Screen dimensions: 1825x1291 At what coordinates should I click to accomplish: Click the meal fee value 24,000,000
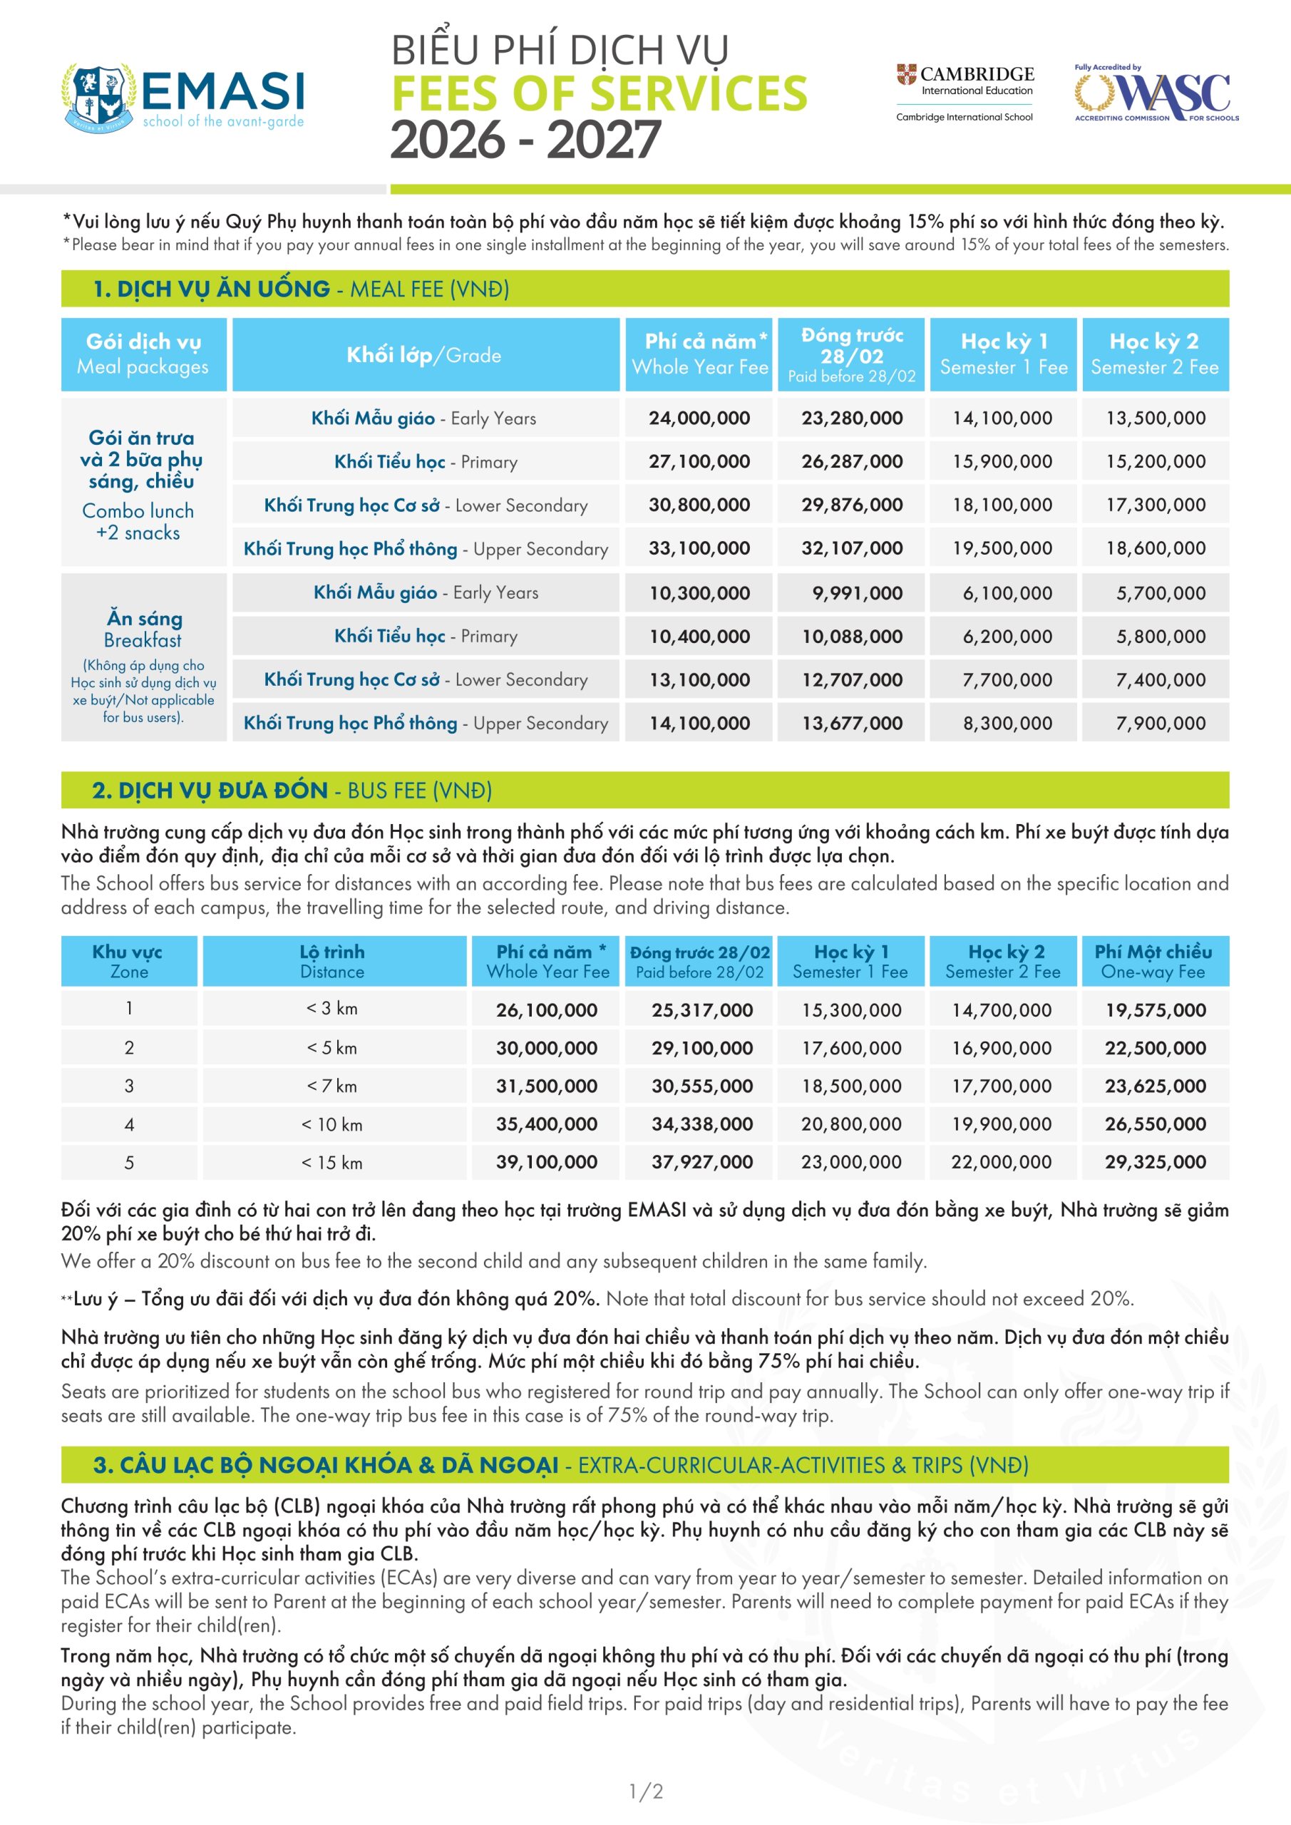699,418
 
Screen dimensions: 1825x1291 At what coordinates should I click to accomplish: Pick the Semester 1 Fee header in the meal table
1003,354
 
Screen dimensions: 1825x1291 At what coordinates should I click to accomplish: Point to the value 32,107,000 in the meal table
851,548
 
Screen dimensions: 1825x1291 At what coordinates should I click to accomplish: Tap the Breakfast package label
144,629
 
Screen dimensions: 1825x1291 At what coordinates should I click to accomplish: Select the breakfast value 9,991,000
857,593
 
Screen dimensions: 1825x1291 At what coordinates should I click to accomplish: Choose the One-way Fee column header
1154,962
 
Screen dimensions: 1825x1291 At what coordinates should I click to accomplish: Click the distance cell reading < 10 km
331,1125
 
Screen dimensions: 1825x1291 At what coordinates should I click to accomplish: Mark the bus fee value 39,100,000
546,1162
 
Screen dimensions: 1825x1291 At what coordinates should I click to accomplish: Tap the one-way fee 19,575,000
1155,1010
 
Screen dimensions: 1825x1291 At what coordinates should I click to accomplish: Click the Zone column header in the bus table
128,962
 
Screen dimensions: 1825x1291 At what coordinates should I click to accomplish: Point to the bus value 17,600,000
850,1049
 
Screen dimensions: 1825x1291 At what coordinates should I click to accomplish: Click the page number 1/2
646,1791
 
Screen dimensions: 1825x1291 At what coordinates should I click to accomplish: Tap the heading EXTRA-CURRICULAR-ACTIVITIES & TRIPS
803,1465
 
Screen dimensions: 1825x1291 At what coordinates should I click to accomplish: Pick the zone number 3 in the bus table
129,1086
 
